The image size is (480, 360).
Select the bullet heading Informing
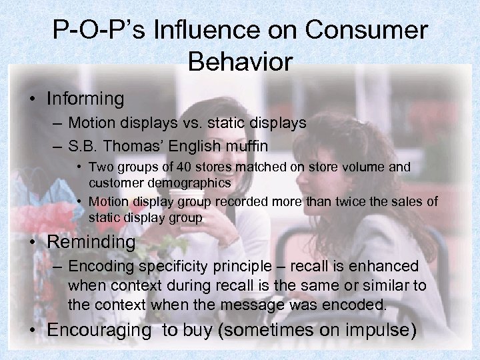[x=85, y=99]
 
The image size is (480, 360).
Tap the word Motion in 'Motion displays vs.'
[x=92, y=123]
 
